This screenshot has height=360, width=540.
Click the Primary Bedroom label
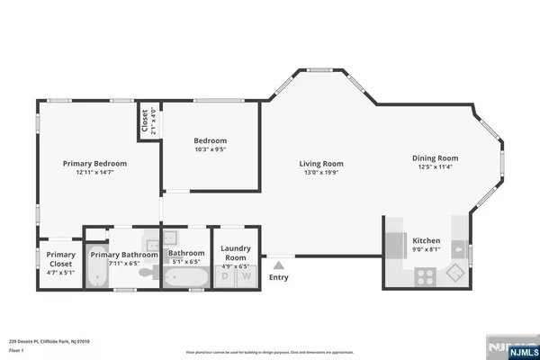point(94,164)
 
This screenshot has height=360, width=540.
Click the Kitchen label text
point(426,241)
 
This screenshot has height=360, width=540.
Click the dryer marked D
point(225,277)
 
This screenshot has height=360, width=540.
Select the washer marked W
point(246,277)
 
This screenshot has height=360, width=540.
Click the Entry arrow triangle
point(279,265)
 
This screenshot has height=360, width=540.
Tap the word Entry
point(279,277)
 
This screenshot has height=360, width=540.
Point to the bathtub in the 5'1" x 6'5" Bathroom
point(186,277)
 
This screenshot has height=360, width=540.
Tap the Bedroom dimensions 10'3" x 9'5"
point(210,150)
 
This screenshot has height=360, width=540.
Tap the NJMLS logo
point(508,348)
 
